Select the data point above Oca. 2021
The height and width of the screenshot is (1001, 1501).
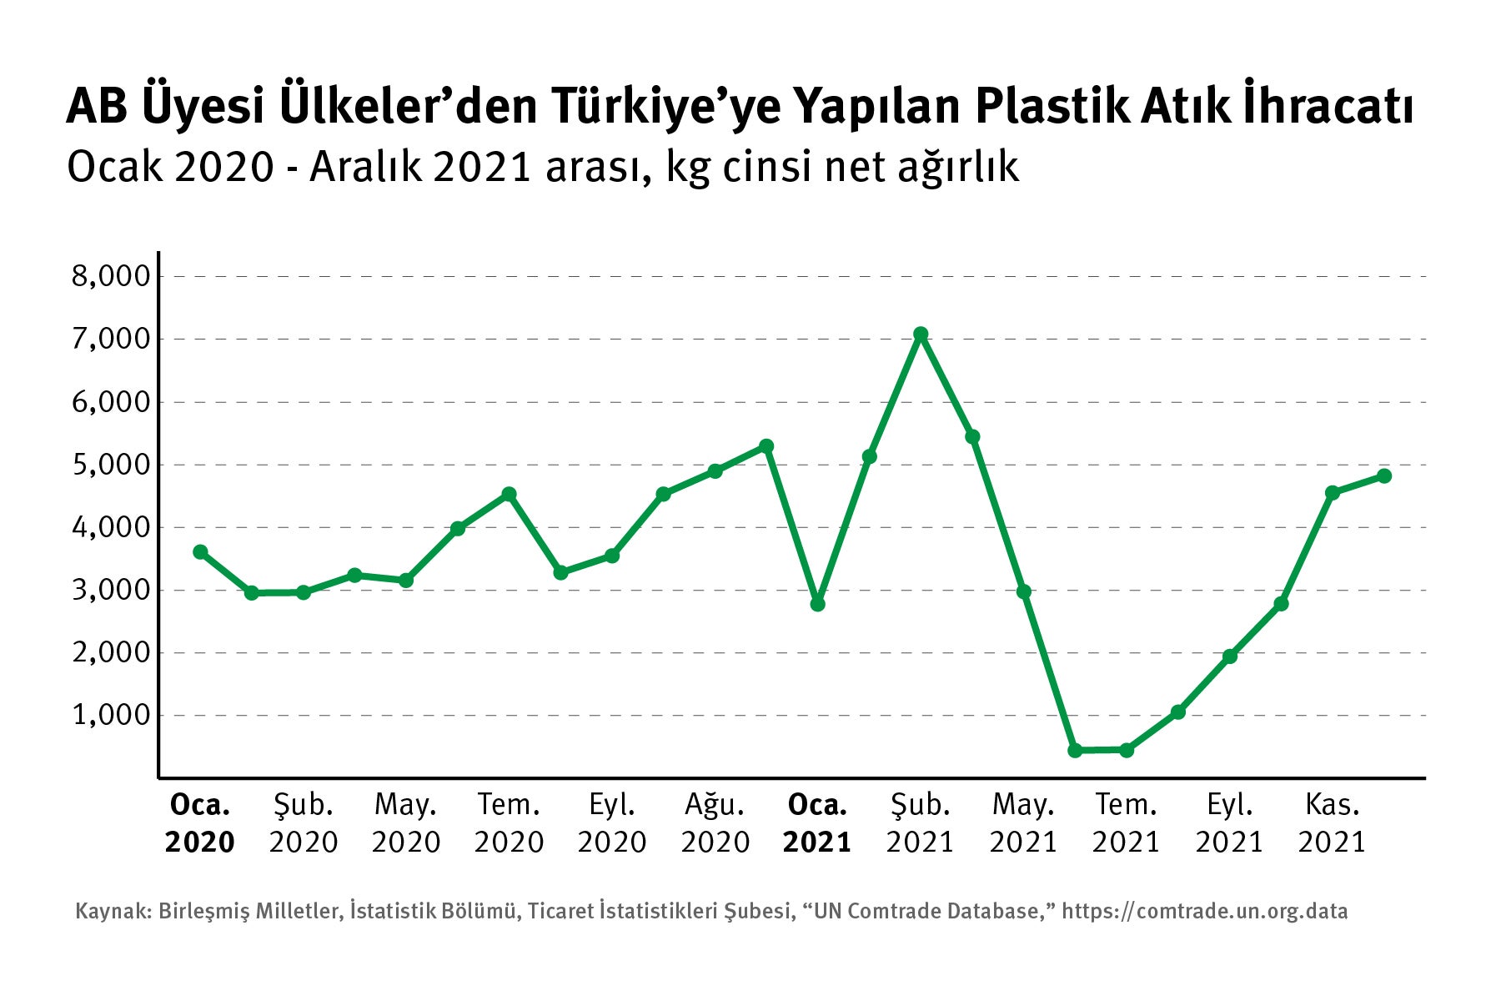coord(817,603)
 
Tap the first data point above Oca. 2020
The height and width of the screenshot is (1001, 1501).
coord(200,551)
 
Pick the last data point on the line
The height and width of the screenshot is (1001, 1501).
coord(1383,475)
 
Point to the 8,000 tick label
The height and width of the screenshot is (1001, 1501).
coord(110,276)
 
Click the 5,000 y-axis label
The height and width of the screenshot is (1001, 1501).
coord(110,465)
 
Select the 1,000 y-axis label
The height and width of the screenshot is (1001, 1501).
coord(110,715)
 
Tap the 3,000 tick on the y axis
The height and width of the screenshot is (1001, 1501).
coord(110,590)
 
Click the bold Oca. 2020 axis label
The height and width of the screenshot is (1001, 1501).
coord(200,823)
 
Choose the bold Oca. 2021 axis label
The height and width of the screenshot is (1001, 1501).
coord(817,823)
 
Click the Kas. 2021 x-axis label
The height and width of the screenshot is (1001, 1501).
coord(1332,823)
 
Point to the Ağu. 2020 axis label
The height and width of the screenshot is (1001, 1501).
coord(715,823)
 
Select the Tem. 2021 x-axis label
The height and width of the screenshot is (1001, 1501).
coord(1126,823)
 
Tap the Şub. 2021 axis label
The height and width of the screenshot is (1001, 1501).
coord(920,823)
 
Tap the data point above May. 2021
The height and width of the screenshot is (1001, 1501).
coord(1023,591)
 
